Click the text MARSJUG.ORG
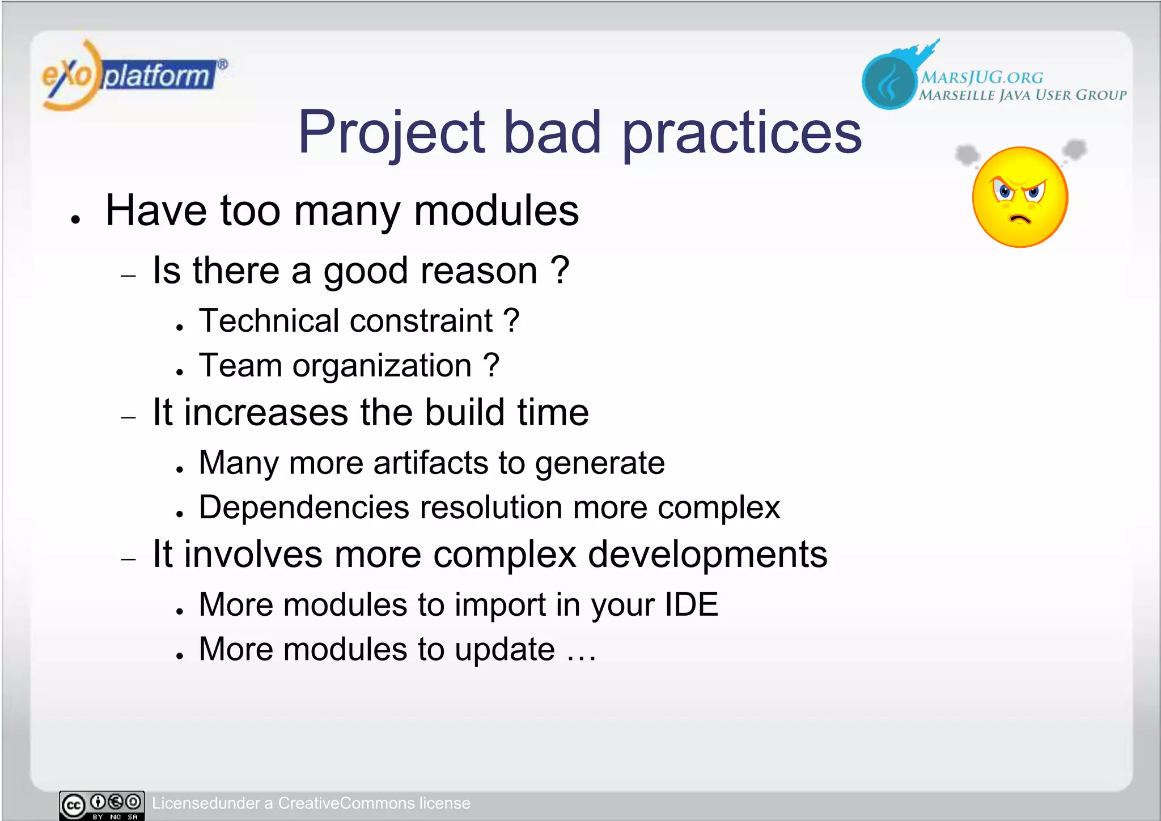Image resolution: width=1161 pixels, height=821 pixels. coord(981,77)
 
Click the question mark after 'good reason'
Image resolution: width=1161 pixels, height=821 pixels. coord(560,270)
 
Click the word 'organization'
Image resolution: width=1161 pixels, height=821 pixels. coord(382,366)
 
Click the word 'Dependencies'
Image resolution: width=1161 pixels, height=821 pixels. coord(304,507)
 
